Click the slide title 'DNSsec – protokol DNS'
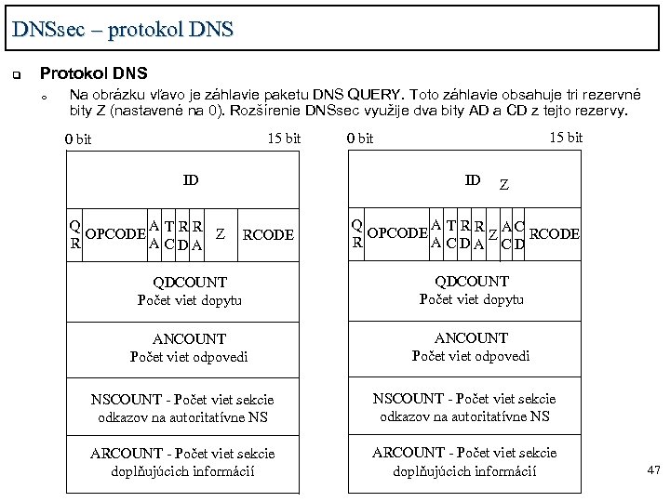(x=123, y=29)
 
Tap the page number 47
(x=653, y=471)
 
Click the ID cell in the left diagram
(x=191, y=179)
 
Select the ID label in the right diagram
(x=473, y=179)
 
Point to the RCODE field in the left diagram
(x=267, y=235)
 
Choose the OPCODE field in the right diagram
(x=397, y=232)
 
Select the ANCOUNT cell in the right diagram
(x=472, y=347)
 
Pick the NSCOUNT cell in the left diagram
(x=182, y=408)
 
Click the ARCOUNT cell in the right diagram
(x=464, y=461)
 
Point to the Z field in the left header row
(x=219, y=233)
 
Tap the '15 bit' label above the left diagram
(x=284, y=139)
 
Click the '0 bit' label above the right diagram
(x=358, y=139)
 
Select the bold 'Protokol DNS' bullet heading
(x=93, y=73)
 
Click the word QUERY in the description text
(x=376, y=95)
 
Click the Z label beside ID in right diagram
(x=503, y=184)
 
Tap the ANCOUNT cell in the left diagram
(x=189, y=348)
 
